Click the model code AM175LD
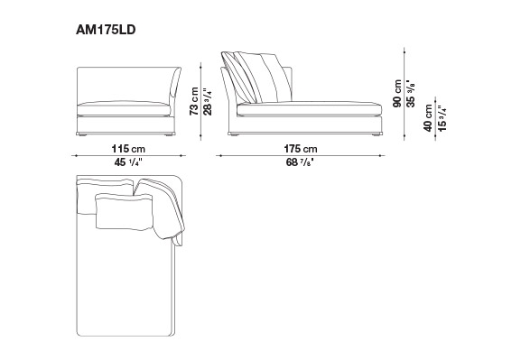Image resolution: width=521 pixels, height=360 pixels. [106, 30]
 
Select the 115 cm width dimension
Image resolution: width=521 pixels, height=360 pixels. [128, 149]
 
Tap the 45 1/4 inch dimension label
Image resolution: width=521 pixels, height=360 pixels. [128, 162]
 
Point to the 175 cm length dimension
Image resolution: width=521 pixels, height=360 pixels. [301, 149]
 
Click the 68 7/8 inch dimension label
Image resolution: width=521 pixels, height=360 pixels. [300, 162]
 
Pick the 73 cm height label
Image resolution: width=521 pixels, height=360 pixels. [194, 101]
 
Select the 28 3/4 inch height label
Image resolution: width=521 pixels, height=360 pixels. [208, 102]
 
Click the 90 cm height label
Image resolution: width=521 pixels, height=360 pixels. [397, 93]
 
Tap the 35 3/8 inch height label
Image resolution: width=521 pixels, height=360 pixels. [411, 94]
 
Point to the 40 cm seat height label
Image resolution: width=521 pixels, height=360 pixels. [428, 118]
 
